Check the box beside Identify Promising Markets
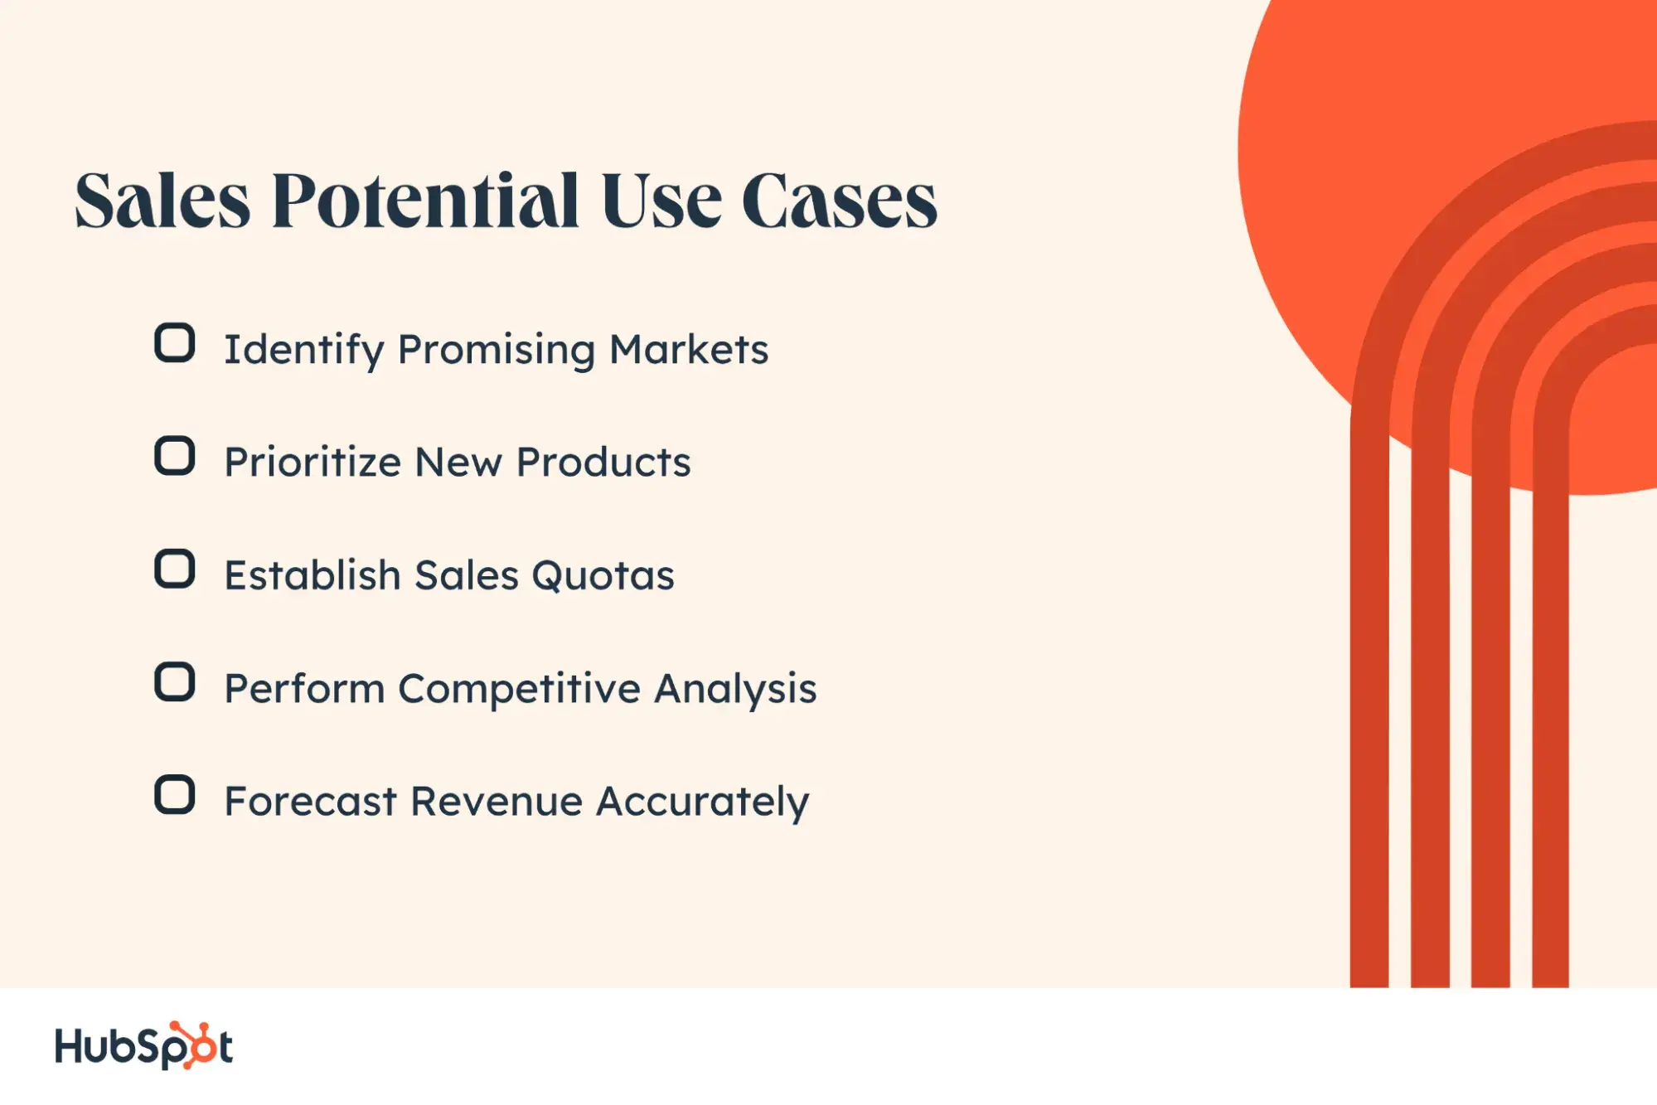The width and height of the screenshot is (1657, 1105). [175, 342]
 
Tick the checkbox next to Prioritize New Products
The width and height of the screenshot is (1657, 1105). [175, 455]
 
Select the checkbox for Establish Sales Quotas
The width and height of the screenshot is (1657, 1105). [175, 569]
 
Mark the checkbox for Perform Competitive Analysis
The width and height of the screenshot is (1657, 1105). [175, 681]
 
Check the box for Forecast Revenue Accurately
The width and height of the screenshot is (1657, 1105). [175, 794]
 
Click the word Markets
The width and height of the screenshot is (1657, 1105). [689, 349]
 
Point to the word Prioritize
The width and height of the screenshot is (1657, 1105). [313, 462]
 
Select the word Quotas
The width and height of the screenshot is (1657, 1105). [603, 575]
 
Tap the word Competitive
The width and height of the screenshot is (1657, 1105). [520, 688]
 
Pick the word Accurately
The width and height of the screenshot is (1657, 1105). [703, 802]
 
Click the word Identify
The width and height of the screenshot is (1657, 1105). [304, 350]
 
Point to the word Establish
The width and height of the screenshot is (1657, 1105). [313, 574]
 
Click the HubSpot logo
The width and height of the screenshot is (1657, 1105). [143, 1044]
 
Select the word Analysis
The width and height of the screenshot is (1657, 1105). [735, 689]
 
